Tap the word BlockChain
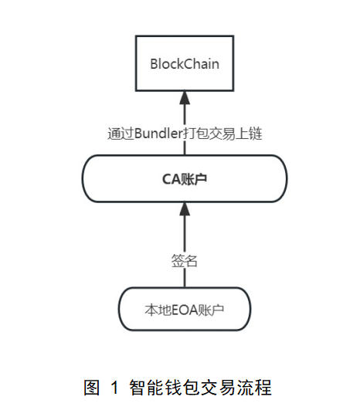185,64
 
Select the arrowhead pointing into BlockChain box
185,97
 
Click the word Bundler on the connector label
158,134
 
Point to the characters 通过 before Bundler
121,134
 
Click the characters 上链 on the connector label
249,134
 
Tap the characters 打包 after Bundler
195,134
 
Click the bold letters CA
172,179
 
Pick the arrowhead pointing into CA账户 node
185,209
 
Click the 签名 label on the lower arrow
184,261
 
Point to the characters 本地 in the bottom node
158,310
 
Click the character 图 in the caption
92,388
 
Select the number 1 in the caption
114,388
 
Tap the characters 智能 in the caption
146,388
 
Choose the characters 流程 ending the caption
255,388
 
